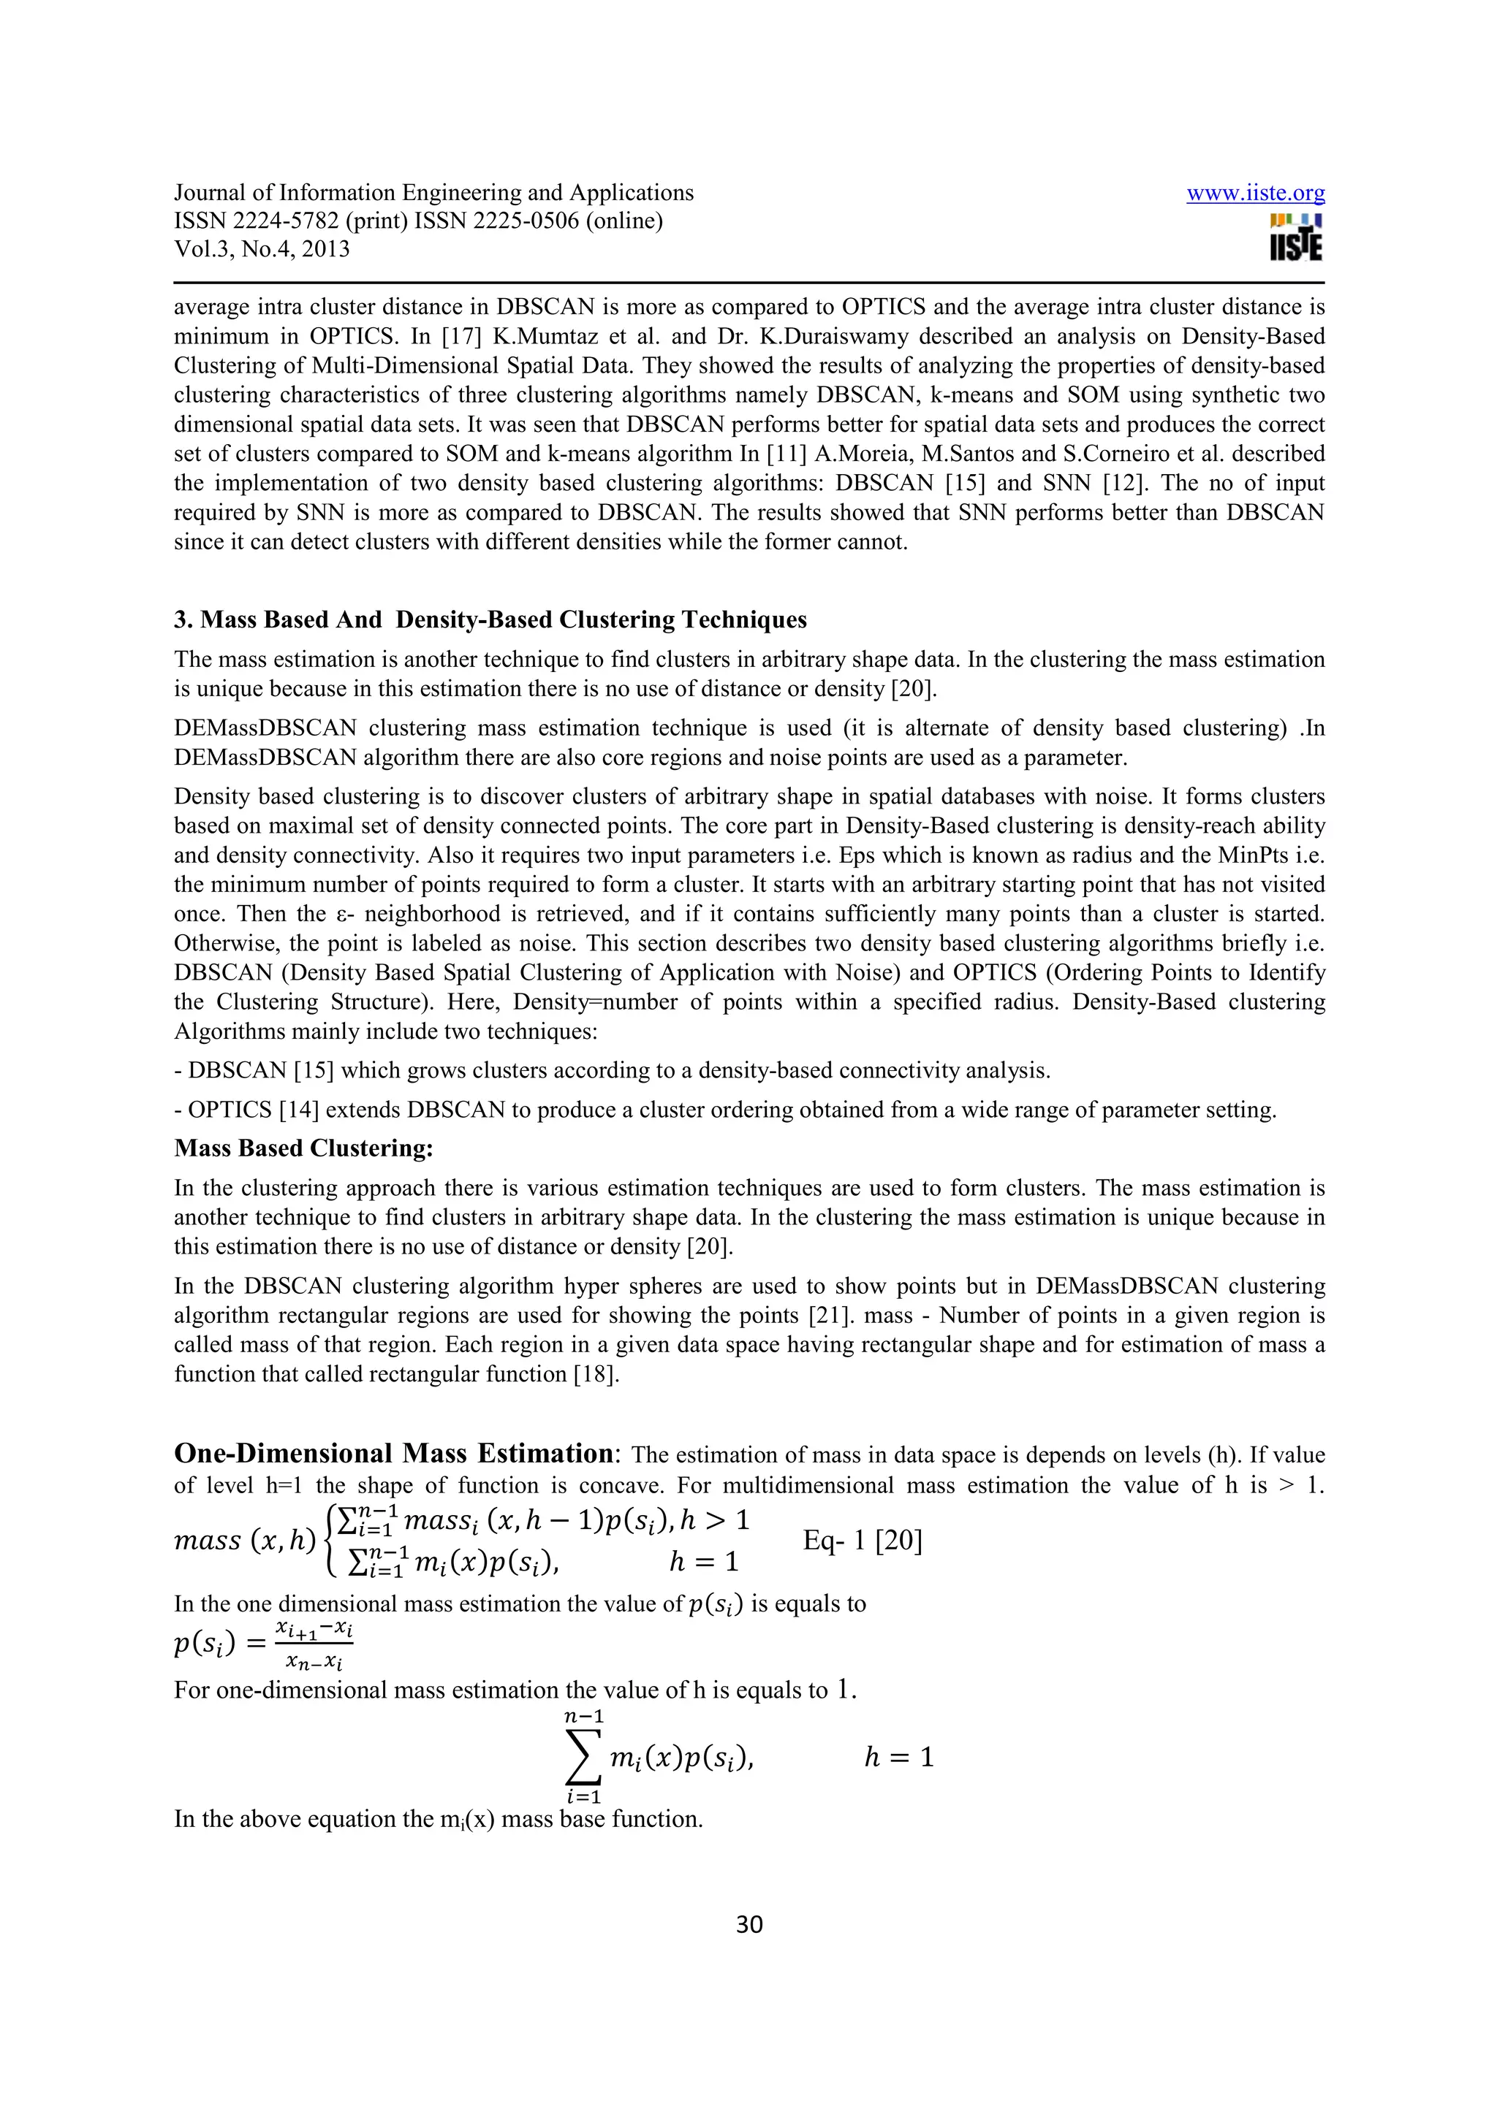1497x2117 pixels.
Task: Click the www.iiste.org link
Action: [x=1254, y=193]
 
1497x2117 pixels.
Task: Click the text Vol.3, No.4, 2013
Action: [x=262, y=249]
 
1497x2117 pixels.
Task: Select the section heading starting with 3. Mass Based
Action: [x=490, y=619]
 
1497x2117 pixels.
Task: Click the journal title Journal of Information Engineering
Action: [x=433, y=193]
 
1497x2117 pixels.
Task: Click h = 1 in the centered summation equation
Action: [x=898, y=1758]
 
